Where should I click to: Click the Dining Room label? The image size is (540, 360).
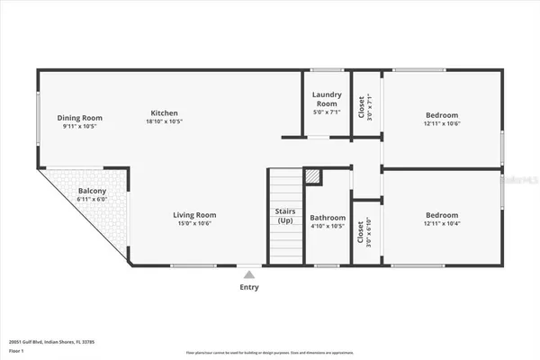pyautogui.click(x=80, y=117)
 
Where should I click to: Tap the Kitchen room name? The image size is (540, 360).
pyautogui.click(x=163, y=112)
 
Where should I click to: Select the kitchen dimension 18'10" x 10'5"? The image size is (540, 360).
pyautogui.click(x=163, y=121)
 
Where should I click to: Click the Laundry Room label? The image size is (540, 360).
pyautogui.click(x=326, y=99)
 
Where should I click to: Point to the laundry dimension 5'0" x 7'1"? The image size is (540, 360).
pyautogui.click(x=326, y=112)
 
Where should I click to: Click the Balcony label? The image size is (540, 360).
pyautogui.click(x=92, y=192)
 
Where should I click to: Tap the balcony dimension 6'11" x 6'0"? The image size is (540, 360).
pyautogui.click(x=92, y=201)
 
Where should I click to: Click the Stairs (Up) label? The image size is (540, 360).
pyautogui.click(x=284, y=216)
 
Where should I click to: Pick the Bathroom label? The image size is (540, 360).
pyautogui.click(x=328, y=218)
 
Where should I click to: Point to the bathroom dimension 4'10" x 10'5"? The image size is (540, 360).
pyautogui.click(x=328, y=227)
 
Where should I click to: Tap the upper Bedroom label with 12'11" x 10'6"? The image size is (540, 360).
pyautogui.click(x=442, y=115)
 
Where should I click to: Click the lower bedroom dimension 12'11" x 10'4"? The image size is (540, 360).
pyautogui.click(x=442, y=224)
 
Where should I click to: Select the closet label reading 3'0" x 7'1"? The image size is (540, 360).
pyautogui.click(x=362, y=109)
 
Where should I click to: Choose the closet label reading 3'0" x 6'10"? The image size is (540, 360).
pyautogui.click(x=362, y=234)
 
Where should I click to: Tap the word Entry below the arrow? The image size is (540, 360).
pyautogui.click(x=249, y=288)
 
